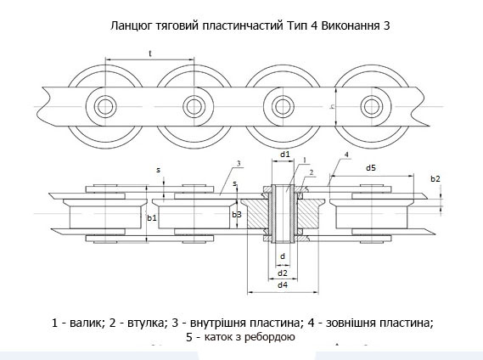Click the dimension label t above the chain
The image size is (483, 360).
[150, 53]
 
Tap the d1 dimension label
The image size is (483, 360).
[285, 155]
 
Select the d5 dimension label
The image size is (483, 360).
[371, 168]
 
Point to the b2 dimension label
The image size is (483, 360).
[435, 178]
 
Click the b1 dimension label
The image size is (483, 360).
[152, 218]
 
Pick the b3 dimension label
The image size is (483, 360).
[237, 215]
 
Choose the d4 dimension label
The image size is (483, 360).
[283, 284]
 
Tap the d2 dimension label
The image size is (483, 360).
[283, 273]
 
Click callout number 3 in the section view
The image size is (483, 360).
[239, 164]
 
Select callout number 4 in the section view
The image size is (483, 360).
[346, 155]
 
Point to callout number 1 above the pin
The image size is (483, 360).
[305, 160]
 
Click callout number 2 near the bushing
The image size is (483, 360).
[312, 172]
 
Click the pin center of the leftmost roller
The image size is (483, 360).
[105, 107]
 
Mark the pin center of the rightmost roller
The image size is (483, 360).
[372, 107]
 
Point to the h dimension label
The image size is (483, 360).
[332, 107]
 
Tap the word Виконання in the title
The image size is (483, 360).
[351, 25]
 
